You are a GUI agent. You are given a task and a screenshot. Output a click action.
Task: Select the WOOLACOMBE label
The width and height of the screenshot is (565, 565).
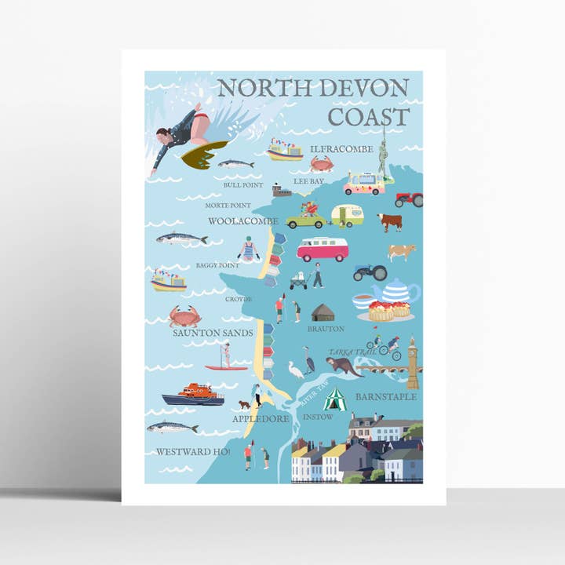click(x=242, y=221)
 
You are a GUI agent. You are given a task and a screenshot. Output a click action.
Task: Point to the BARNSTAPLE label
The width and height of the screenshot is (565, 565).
click(x=385, y=397)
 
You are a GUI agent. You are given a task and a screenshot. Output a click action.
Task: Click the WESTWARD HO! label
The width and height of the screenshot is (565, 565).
click(x=193, y=451)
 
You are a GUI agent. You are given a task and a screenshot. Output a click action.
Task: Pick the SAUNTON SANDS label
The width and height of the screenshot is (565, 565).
click(x=213, y=333)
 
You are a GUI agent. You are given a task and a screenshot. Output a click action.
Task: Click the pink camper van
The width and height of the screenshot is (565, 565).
click(x=322, y=249)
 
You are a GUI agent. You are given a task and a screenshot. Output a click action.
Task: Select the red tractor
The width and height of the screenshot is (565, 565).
click(x=408, y=199)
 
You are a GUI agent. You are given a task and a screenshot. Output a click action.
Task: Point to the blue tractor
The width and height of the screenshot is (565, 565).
click(x=369, y=272)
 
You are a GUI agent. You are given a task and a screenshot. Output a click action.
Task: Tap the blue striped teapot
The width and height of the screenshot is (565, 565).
click(x=395, y=292)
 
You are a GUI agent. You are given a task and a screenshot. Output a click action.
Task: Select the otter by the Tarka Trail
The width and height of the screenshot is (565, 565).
click(x=344, y=366)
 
